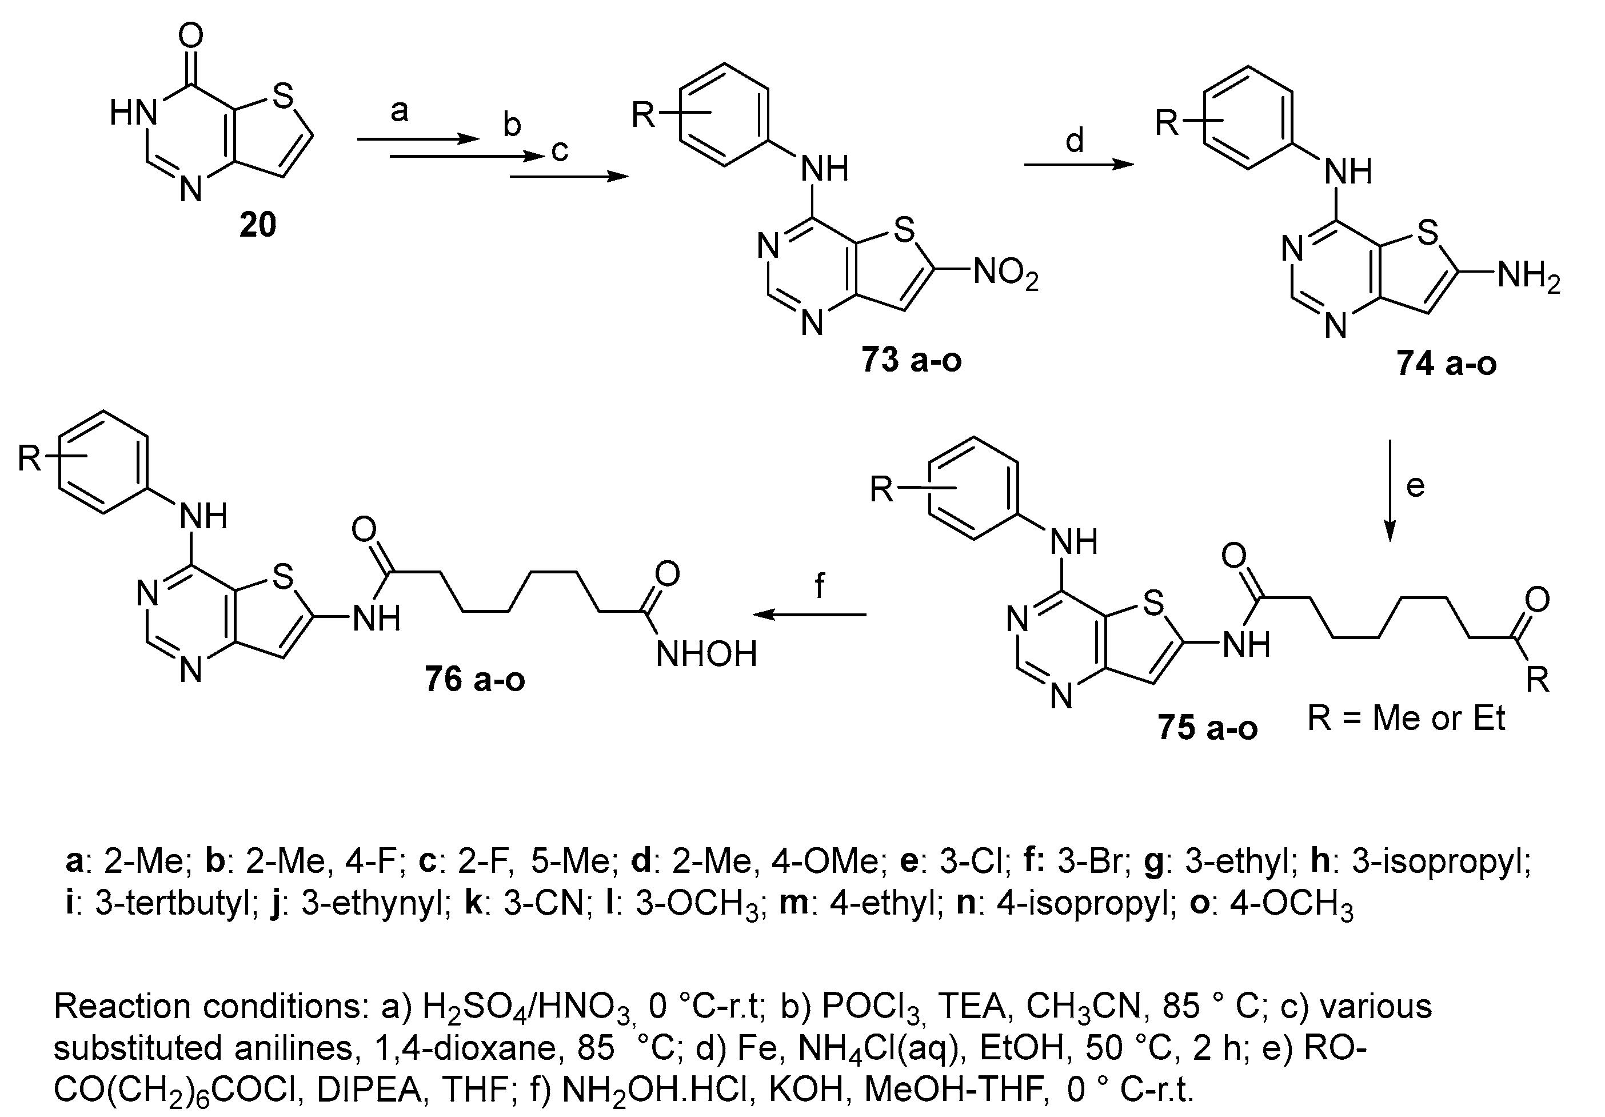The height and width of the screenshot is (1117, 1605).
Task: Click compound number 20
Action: [x=257, y=225]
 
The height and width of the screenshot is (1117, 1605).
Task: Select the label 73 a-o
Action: [x=911, y=361]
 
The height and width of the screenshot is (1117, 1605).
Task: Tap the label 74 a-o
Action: [x=1446, y=364]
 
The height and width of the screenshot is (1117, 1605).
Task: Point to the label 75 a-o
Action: [x=1207, y=728]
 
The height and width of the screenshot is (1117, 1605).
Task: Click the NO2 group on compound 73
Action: [x=1005, y=273]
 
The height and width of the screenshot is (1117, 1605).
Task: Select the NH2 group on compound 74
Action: [x=1528, y=278]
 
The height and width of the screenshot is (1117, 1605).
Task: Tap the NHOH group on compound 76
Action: [x=706, y=655]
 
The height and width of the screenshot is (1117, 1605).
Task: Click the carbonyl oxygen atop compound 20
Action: [x=191, y=35]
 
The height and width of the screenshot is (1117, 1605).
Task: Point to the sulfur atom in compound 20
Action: [x=282, y=97]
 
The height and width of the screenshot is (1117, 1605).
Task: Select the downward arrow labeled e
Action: [x=1389, y=490]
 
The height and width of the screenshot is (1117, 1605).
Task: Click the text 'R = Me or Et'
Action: [x=1406, y=718]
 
